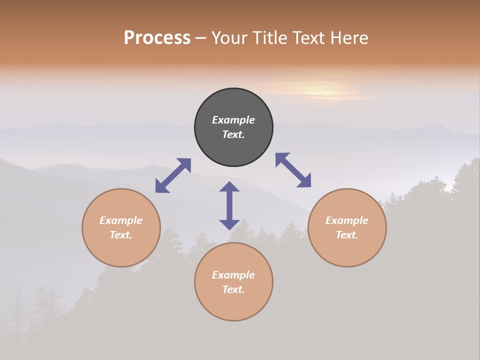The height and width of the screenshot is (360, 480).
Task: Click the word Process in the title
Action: pyautogui.click(x=157, y=38)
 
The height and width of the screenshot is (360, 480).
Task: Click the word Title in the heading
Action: pyautogui.click(x=270, y=38)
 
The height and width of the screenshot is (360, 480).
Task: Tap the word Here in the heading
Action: pyautogui.click(x=349, y=38)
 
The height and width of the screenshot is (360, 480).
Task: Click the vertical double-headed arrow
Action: pyautogui.click(x=229, y=205)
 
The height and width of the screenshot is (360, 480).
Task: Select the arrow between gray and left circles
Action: pyautogui.click(x=173, y=175)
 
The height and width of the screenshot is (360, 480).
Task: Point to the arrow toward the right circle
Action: pyautogui.click(x=293, y=170)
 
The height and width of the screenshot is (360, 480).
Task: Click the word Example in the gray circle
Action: pyautogui.click(x=233, y=120)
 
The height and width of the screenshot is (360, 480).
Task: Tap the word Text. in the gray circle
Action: pyautogui.click(x=233, y=134)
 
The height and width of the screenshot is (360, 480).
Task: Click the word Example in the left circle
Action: pyautogui.click(x=121, y=220)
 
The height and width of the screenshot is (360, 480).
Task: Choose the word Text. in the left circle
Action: pyautogui.click(x=121, y=235)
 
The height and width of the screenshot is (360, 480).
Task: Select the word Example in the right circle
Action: pyautogui.click(x=347, y=220)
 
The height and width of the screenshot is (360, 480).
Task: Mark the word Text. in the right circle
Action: pyautogui.click(x=347, y=235)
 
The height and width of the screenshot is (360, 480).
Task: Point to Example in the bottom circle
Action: pyautogui.click(x=233, y=275)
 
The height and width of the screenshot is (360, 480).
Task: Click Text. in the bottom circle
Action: pyautogui.click(x=233, y=289)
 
